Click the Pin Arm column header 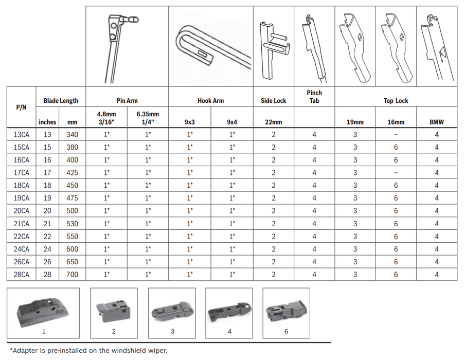127,101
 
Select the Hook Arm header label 210,101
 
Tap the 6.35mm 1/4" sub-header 148,118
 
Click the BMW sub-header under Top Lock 437,122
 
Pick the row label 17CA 22,173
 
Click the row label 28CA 22,275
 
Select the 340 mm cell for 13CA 72,135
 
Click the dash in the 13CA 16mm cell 396,135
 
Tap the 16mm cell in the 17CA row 396,173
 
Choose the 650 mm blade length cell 72,262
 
